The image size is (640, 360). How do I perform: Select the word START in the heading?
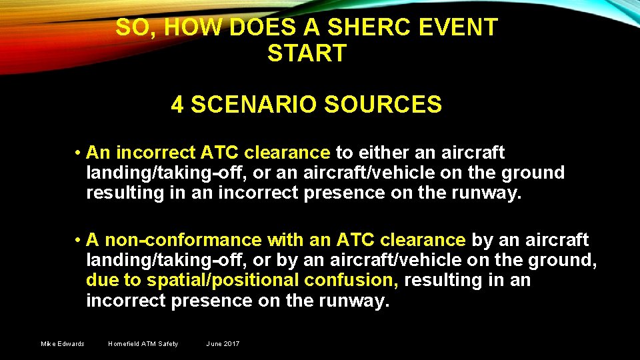307,53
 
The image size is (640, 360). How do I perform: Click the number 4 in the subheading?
177,105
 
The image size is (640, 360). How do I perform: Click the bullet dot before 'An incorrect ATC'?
78,153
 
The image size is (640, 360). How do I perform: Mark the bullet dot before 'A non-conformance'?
78,240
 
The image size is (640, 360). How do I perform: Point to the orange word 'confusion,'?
359,281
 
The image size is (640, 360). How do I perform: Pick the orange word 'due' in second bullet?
101,281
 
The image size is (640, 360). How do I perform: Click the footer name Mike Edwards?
63,344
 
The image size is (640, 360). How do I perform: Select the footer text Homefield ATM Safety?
143,344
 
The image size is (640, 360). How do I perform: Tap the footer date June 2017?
223,344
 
